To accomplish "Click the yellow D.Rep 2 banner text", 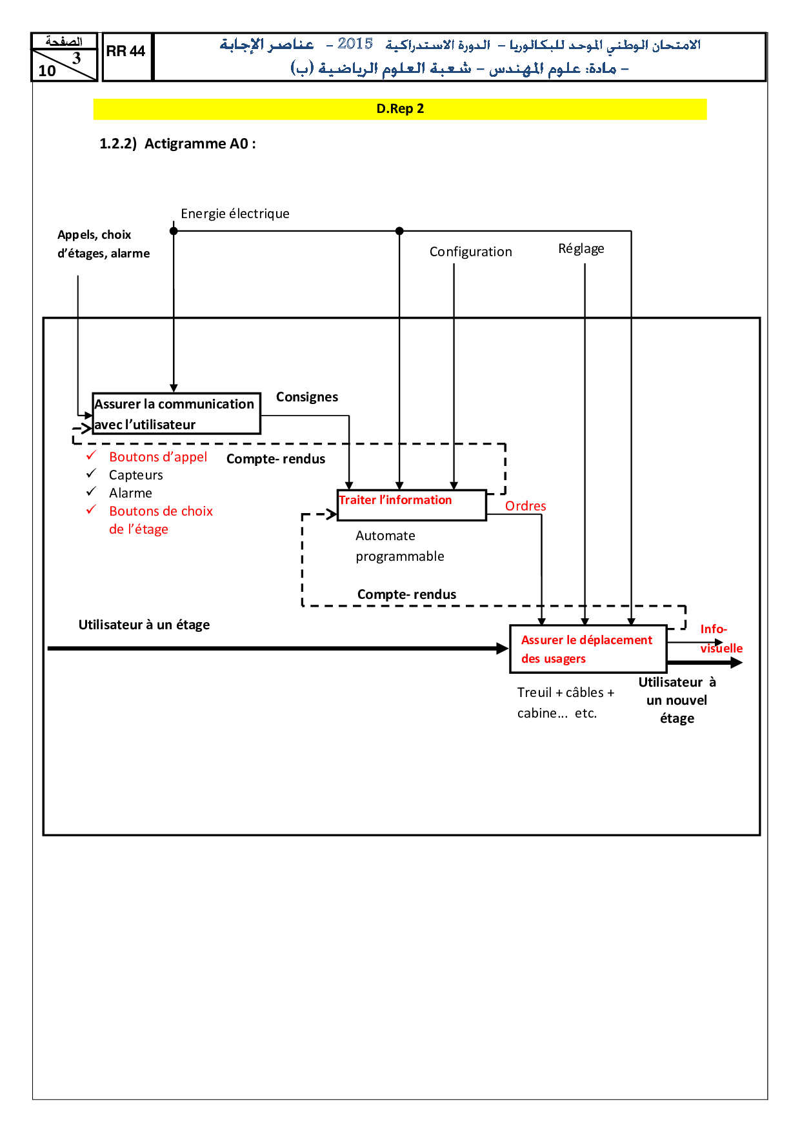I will pyautogui.click(x=400, y=108).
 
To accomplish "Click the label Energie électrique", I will pyautogui.click(x=235, y=214).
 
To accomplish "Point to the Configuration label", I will pyautogui.click(x=470, y=252).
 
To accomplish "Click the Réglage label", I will pyautogui.click(x=581, y=248).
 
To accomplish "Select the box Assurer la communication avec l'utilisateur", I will pyautogui.click(x=176, y=414).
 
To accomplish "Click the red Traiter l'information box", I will pyautogui.click(x=412, y=505).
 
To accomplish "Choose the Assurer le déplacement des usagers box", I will pyautogui.click(x=587, y=649).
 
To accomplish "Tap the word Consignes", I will pyautogui.click(x=307, y=397).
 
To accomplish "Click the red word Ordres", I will pyautogui.click(x=525, y=506).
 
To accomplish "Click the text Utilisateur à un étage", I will pyautogui.click(x=144, y=625).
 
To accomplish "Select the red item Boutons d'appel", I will pyautogui.click(x=158, y=457).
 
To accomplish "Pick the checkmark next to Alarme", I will pyautogui.click(x=91, y=492).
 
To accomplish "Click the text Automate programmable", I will pyautogui.click(x=399, y=546).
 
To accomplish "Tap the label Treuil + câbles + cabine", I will pyautogui.click(x=565, y=702).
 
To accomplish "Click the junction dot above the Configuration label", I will pyautogui.click(x=399, y=230).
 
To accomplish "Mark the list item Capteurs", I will pyautogui.click(x=135, y=475).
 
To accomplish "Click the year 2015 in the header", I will pyautogui.click(x=355, y=44).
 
